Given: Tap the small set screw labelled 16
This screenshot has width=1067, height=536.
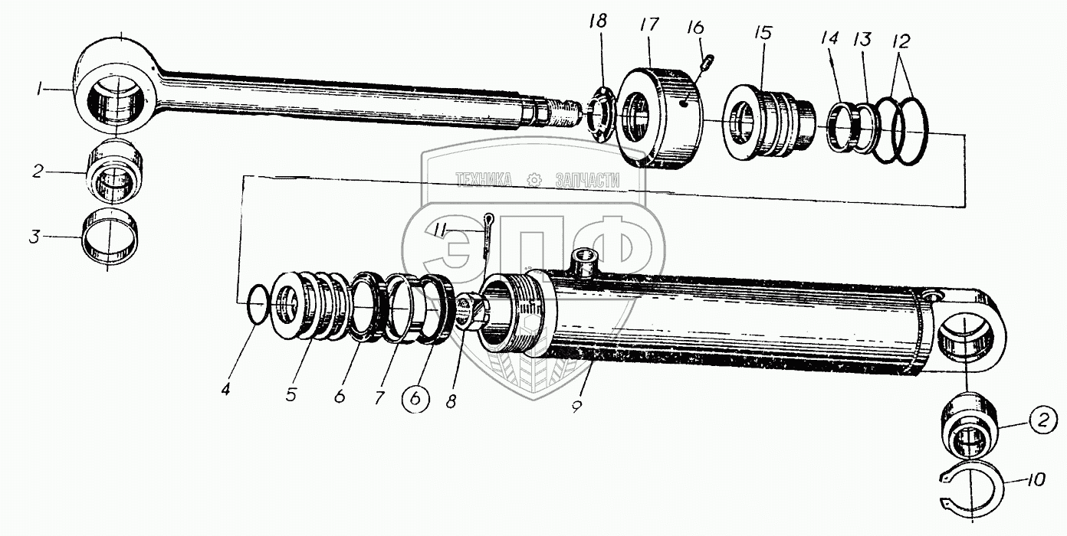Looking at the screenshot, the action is pyautogui.click(x=708, y=60).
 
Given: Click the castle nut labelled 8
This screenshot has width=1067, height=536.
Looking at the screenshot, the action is pyautogui.click(x=469, y=309).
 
